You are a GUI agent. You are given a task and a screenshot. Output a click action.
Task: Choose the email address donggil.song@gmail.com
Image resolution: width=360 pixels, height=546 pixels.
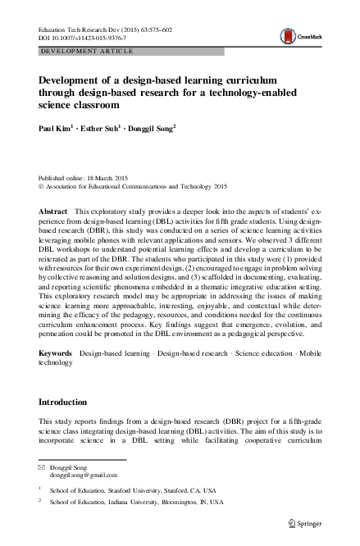[x=84, y=475]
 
